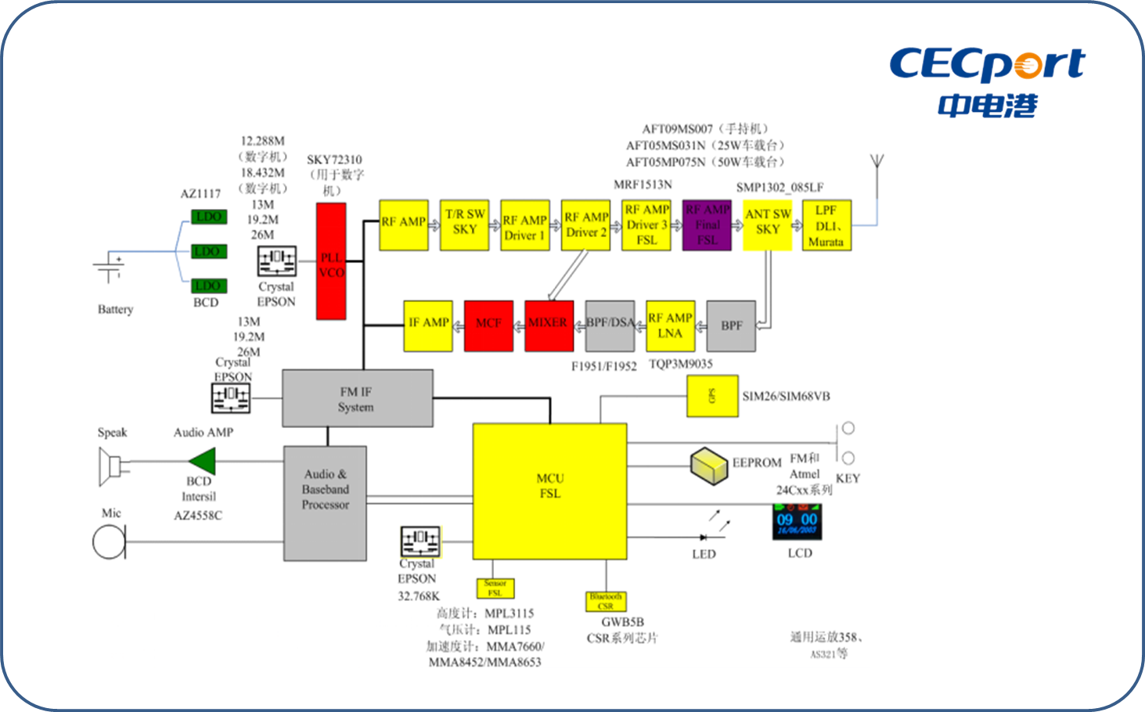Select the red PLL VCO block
tap(331, 261)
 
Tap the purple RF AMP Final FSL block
tap(707, 225)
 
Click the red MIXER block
tap(549, 325)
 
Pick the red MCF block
tap(488, 325)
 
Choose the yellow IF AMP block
tap(428, 325)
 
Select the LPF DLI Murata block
tap(826, 225)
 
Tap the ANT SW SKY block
tap(767, 225)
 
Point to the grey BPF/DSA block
tap(610, 325)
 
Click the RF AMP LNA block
tap(670, 325)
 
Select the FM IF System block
tap(357, 398)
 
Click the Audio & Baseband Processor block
tap(325, 503)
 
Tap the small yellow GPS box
tap(712, 396)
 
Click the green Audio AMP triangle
tap(203, 461)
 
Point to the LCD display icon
tap(797, 522)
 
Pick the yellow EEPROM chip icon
tap(709, 464)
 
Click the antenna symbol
tap(877, 166)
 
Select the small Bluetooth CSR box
tap(606, 602)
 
